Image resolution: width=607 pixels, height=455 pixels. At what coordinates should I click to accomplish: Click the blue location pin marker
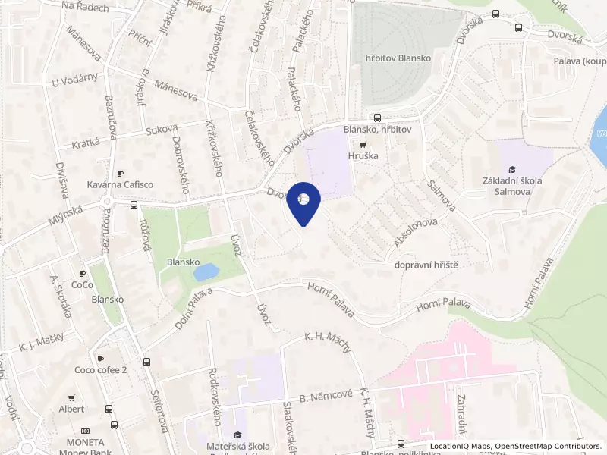point(303,202)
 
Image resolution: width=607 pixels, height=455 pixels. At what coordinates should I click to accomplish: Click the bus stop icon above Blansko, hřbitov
point(377,118)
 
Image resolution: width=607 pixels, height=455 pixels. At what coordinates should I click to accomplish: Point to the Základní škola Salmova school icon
point(512,169)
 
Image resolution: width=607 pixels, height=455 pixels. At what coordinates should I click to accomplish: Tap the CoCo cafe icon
point(82,273)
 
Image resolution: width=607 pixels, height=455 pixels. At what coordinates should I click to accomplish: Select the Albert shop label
point(71,409)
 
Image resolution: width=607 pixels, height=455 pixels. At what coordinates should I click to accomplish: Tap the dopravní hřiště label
point(427,264)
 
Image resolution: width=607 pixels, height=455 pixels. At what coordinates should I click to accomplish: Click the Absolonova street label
point(417,233)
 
